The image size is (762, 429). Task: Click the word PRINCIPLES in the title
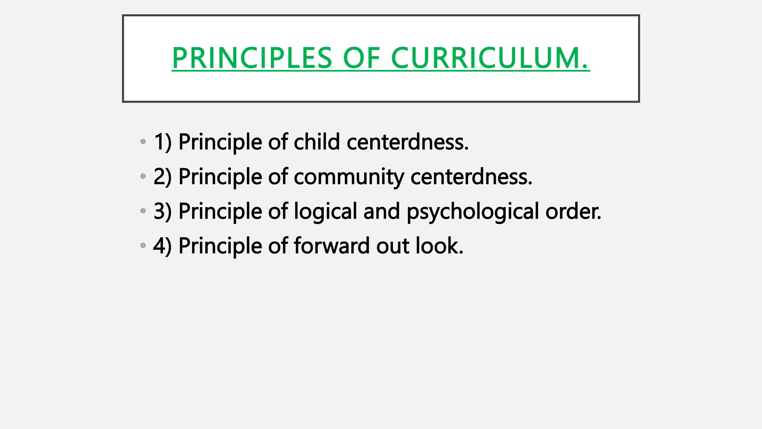click(x=252, y=58)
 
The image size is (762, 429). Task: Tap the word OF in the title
click(x=361, y=58)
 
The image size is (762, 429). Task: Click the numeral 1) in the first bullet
click(x=163, y=142)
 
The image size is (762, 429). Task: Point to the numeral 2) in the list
click(x=163, y=177)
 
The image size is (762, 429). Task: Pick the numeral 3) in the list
click(x=163, y=211)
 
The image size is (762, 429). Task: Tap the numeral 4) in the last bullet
click(x=163, y=246)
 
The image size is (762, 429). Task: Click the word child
click(x=317, y=142)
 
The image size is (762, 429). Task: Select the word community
click(x=349, y=177)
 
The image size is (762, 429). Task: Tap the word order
click(x=573, y=211)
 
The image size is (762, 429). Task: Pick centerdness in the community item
click(x=471, y=177)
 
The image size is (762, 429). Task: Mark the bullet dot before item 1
click(x=143, y=142)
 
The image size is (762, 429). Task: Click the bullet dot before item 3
click(x=143, y=211)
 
